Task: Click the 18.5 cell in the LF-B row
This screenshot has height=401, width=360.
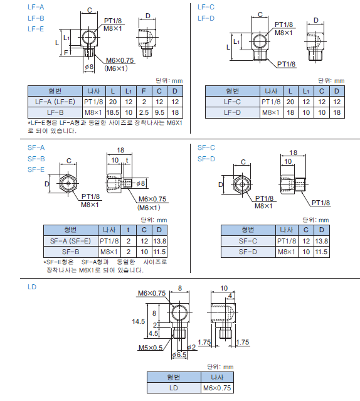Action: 113,112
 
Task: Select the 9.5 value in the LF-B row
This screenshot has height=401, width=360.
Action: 159,112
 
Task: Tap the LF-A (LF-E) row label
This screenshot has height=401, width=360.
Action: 55,102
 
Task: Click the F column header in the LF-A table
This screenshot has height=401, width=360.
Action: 144,91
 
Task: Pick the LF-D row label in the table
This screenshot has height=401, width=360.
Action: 232,112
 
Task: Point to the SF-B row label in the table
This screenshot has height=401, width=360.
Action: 70,252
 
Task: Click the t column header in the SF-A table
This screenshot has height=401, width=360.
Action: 129,230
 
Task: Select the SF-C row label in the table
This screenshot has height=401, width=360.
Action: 248,241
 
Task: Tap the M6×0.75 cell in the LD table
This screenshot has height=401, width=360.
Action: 217,388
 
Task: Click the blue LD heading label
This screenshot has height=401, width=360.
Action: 32,287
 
